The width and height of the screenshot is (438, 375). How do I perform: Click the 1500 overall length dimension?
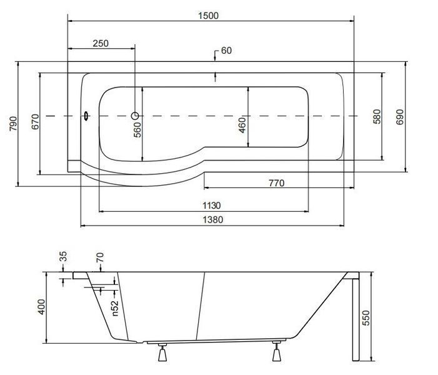point(209,16)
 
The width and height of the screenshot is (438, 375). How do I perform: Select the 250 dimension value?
point(101,43)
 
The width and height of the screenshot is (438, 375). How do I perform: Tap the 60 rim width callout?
point(226,51)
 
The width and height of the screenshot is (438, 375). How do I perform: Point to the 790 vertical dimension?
point(13,124)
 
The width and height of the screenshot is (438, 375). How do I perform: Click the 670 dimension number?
point(35,122)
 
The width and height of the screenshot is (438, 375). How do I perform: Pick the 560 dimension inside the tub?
point(137,130)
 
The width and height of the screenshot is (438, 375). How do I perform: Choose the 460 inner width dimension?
point(242,125)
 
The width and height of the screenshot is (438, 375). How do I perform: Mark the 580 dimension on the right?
point(377,116)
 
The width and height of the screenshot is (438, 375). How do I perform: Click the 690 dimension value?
point(400,117)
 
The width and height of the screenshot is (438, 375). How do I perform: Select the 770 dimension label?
point(277,183)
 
